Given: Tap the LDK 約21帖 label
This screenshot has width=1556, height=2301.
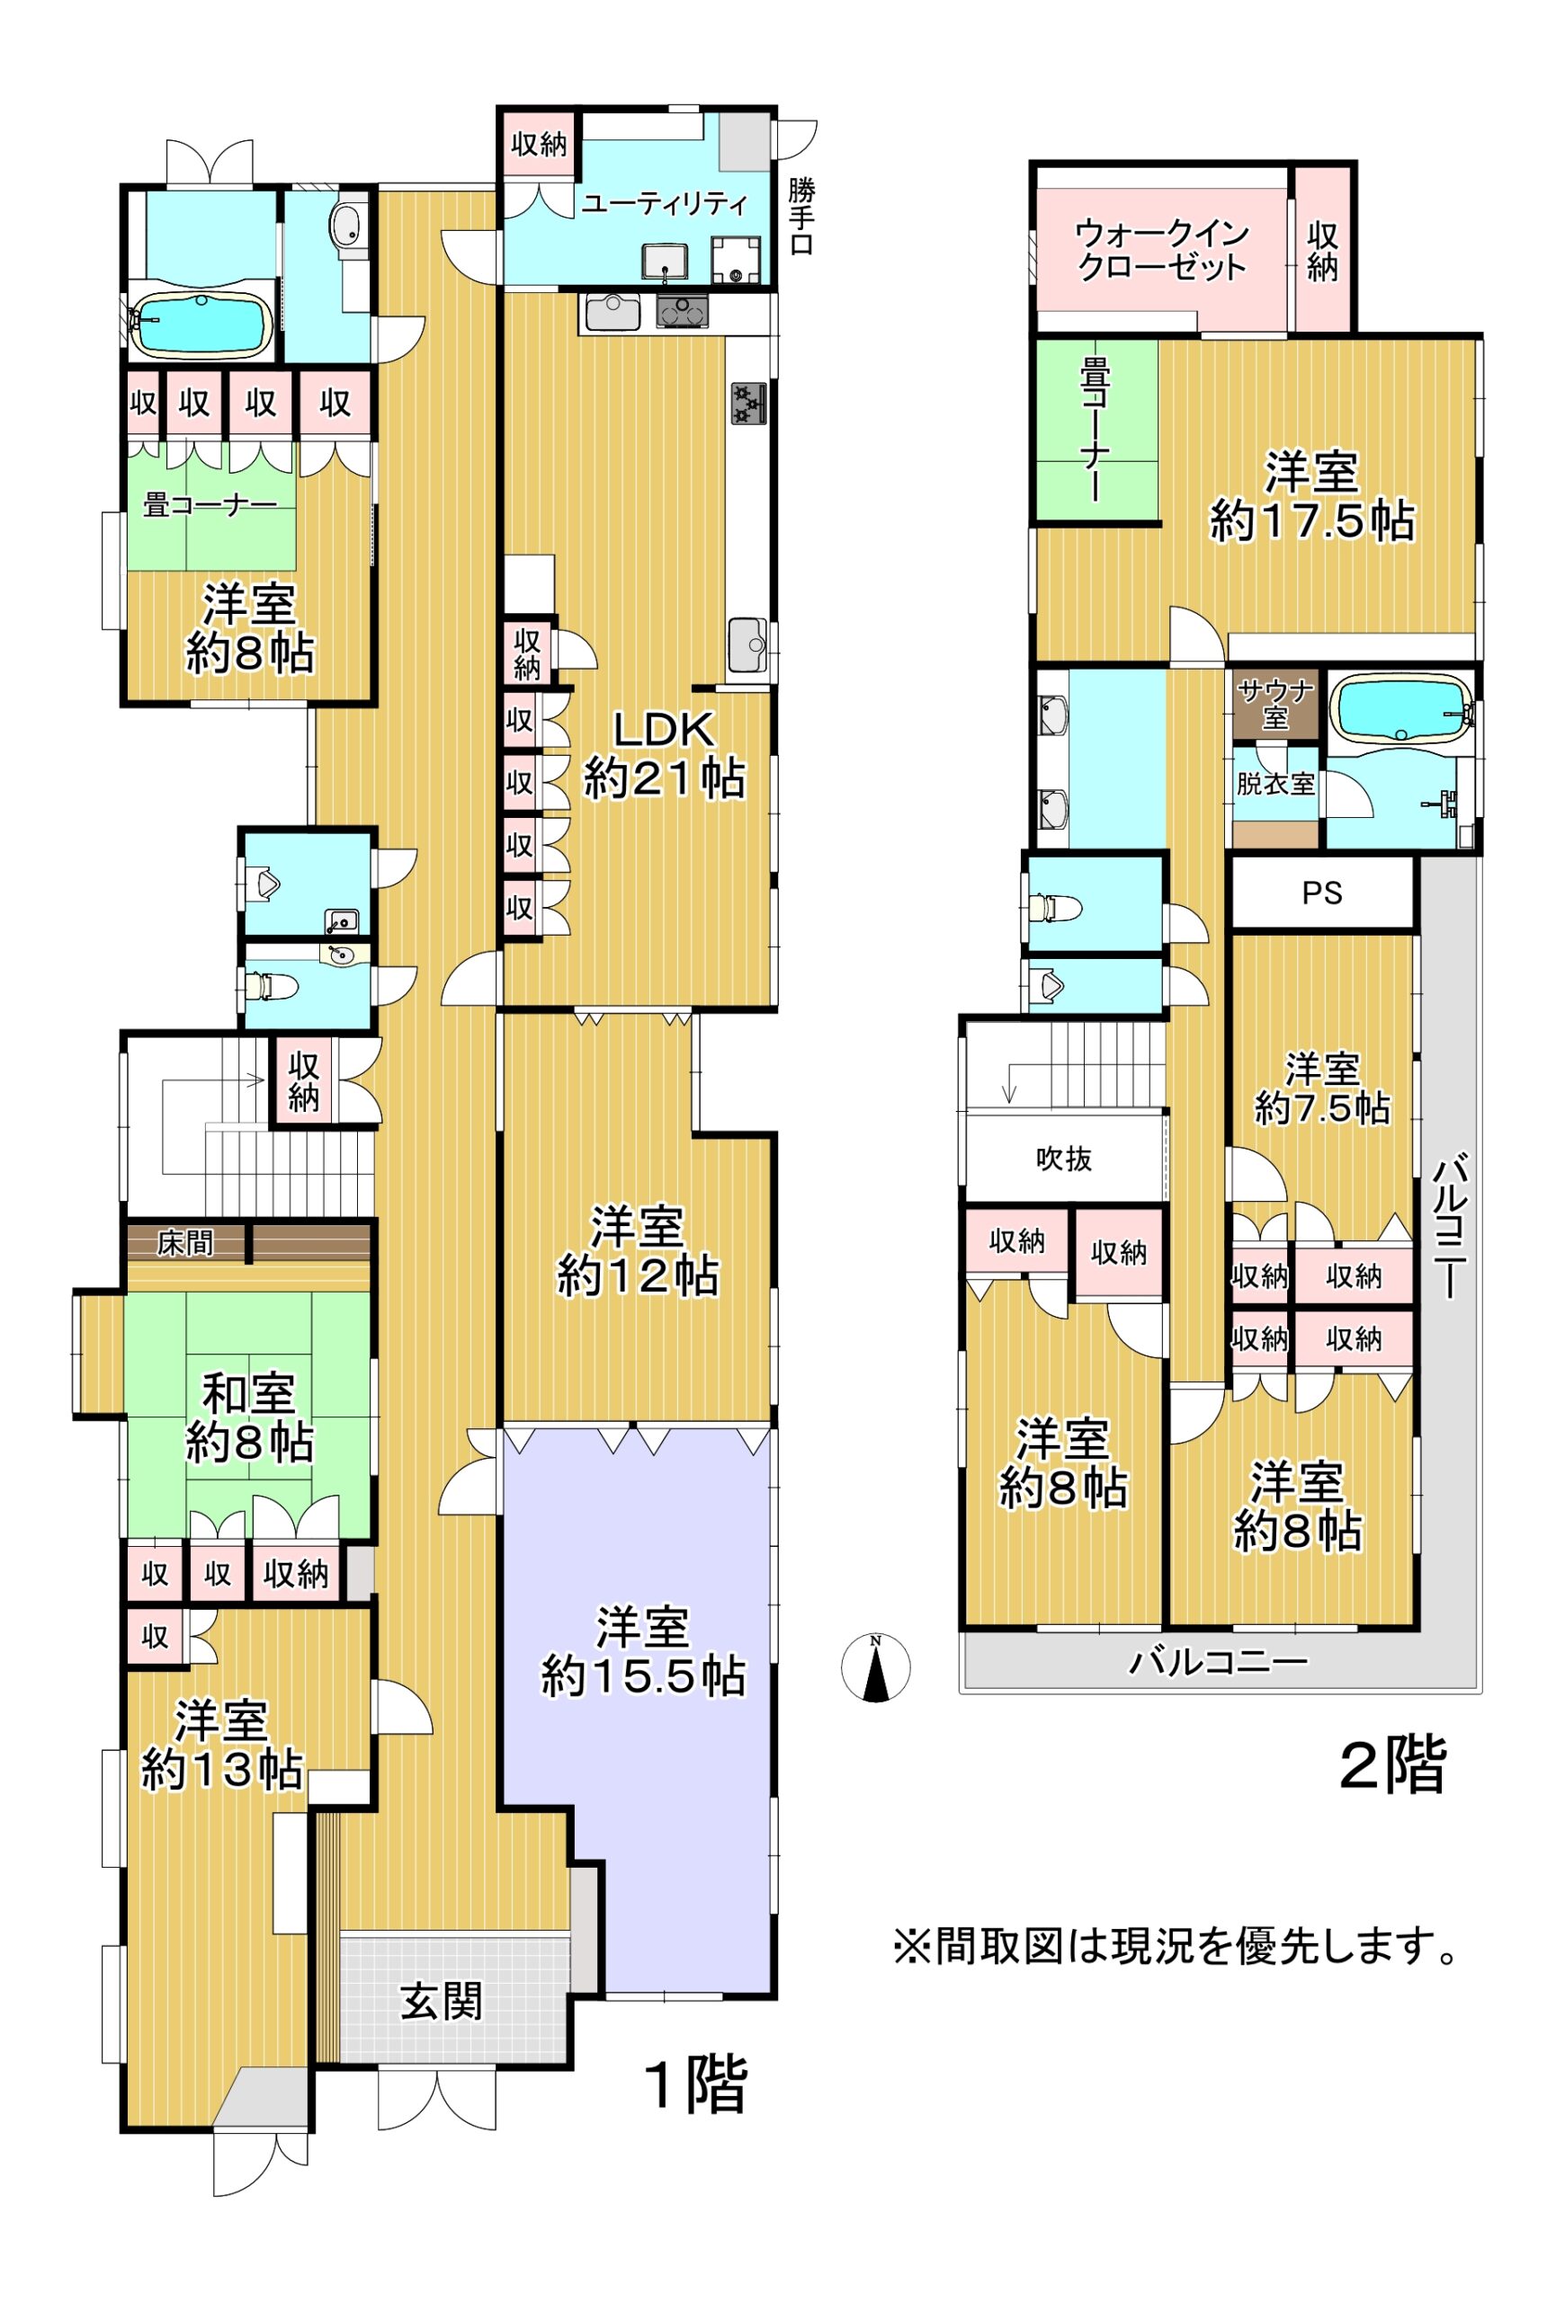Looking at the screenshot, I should pos(664,754).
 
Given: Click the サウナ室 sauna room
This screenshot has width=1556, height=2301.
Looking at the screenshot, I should pos(1274,703).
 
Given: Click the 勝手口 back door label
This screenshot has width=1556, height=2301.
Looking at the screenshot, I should pos(800,216).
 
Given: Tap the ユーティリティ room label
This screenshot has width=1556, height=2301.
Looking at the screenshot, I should pos(664,205).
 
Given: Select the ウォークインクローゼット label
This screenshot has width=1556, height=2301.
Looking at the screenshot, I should pos(1162,250).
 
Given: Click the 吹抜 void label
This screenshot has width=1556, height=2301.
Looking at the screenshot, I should pos(1064,1158).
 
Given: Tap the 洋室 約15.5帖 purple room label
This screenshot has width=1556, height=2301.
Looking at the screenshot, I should pos(642,1651).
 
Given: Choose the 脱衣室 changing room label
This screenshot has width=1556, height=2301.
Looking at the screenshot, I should pos(1274,783).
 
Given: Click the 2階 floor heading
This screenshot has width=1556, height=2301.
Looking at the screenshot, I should pos(1391,1764).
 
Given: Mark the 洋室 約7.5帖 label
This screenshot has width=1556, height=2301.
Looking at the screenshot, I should pos(1322,1089).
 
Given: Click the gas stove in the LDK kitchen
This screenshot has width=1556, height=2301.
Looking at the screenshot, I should pos(750,404).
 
